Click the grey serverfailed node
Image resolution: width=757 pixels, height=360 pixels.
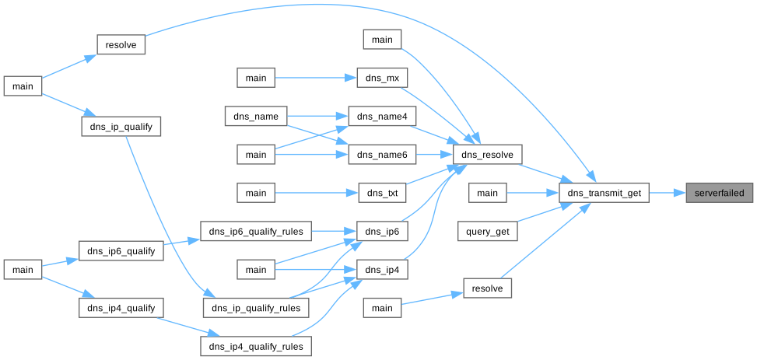point(720,193)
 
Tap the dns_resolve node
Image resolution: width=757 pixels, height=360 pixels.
point(487,155)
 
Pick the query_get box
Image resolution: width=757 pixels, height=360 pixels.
point(487,231)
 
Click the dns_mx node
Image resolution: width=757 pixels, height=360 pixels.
point(382,79)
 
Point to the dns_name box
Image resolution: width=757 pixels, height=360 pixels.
point(256,117)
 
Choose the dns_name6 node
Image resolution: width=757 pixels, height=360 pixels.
point(382,155)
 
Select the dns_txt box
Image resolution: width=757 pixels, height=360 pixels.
point(382,193)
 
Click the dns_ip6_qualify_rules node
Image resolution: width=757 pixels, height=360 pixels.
point(256,231)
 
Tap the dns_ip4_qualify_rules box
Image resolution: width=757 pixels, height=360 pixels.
point(256,345)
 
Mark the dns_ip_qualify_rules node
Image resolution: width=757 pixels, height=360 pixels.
point(256,307)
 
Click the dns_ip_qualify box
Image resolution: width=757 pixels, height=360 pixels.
point(121,126)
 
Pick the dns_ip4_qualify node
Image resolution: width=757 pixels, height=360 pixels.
point(121,307)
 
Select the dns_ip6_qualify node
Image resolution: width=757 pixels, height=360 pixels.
point(121,250)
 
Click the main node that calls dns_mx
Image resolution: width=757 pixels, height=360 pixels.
point(256,79)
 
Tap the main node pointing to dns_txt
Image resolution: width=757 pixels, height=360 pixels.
point(256,193)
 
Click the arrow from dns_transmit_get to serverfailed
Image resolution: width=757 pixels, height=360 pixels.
point(667,193)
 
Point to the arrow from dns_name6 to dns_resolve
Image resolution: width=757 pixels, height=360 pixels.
point(434,155)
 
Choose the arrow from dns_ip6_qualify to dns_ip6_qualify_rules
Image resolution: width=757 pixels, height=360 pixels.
point(182,242)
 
